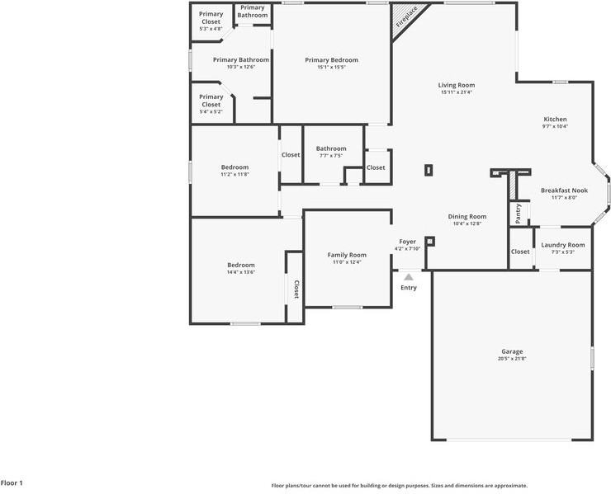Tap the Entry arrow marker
tap(409, 277)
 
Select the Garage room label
tap(512, 351)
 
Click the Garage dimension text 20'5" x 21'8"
tap(512, 359)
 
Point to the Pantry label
tap(519, 212)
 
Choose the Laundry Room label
tap(562, 245)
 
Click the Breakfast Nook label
tap(564, 190)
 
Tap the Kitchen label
tap(555, 120)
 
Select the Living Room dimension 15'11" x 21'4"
tap(457, 92)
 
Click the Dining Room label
tap(467, 216)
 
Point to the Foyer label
tap(408, 242)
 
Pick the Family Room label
tap(347, 255)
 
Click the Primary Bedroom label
tap(331, 60)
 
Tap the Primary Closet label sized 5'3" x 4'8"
tap(211, 17)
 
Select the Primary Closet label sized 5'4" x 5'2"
tap(211, 101)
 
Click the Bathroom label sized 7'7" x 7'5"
tap(331, 149)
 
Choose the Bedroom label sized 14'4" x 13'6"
tap(241, 265)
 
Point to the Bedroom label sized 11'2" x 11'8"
tap(234, 167)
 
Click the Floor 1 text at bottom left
tap(12, 482)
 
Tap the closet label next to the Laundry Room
tap(520, 252)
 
